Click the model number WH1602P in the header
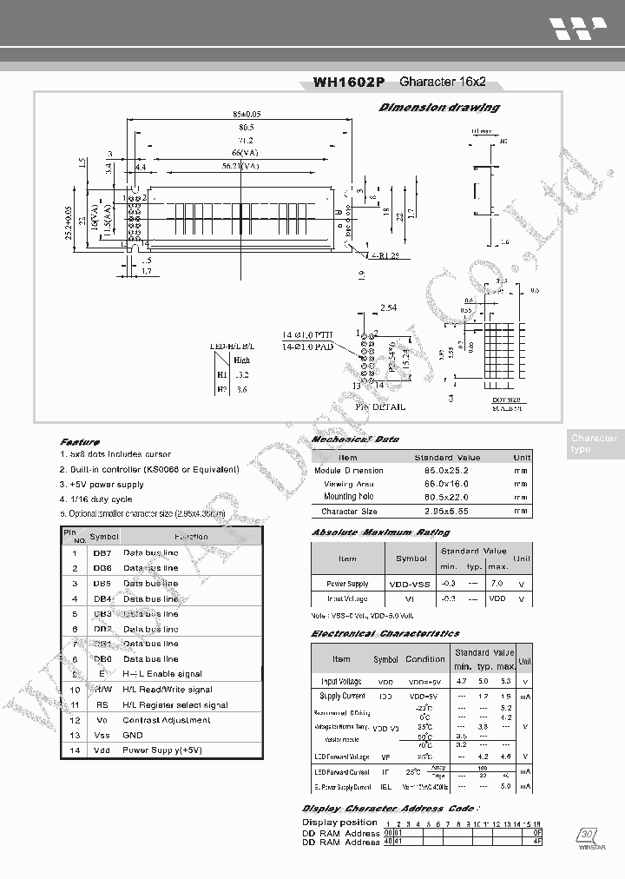[x=348, y=83]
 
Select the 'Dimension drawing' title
[x=439, y=108]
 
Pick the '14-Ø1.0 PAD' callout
[x=307, y=347]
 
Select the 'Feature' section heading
[x=80, y=441]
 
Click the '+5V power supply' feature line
[x=102, y=484]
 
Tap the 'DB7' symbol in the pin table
[x=102, y=552]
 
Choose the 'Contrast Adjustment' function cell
[x=167, y=719]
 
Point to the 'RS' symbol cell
[x=102, y=704]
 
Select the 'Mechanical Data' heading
[x=355, y=439]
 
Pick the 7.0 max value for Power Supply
[x=497, y=584]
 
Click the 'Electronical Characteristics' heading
[x=385, y=633]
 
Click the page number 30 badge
[x=587, y=834]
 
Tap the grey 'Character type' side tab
[x=594, y=443]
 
